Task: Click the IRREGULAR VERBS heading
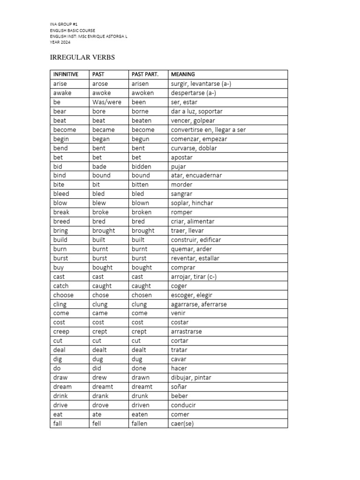click(x=82, y=57)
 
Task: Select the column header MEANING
click(x=183, y=74)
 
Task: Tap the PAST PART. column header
click(x=145, y=74)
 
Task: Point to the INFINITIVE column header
click(x=66, y=74)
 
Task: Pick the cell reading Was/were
click(x=107, y=102)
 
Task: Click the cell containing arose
click(x=100, y=83)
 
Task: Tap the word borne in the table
click(x=140, y=111)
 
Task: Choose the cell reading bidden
click(x=141, y=166)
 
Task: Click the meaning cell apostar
click(x=181, y=157)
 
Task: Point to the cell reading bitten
click(x=140, y=185)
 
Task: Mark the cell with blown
click(x=140, y=203)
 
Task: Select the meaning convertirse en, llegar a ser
click(x=208, y=129)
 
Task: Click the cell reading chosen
click(x=142, y=295)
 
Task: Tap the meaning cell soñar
click(x=179, y=387)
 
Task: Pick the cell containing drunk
click(x=140, y=396)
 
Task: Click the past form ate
click(x=97, y=414)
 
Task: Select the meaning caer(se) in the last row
click(x=182, y=424)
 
